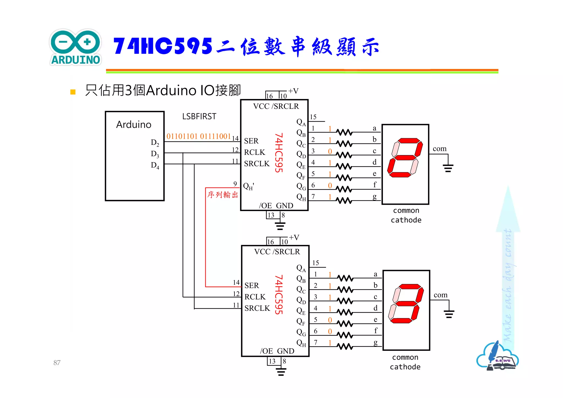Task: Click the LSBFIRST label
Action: [x=199, y=117]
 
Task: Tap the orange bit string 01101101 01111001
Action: [x=198, y=136]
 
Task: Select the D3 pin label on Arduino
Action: [x=155, y=154]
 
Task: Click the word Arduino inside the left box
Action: [x=134, y=125]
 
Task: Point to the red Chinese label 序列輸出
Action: [x=222, y=195]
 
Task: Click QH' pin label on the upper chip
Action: [x=249, y=186]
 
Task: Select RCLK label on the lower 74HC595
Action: [x=255, y=297]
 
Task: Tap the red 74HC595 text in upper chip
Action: [x=279, y=153]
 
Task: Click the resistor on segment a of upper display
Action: [x=344, y=132]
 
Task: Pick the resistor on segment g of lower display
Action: [x=345, y=347]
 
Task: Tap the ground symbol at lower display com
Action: [x=449, y=314]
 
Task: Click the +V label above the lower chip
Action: [x=294, y=237]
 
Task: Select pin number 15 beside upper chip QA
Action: [x=313, y=117]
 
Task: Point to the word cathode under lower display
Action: [x=405, y=367]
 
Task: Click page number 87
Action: [x=57, y=363]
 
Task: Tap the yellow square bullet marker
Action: [x=73, y=92]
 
